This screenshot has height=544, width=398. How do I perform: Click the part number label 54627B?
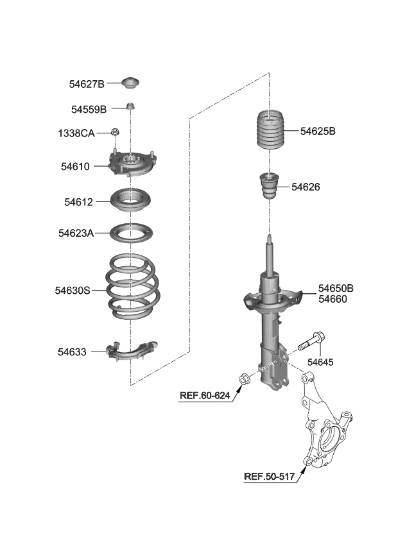pyautogui.click(x=86, y=84)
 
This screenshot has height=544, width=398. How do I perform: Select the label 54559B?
pyautogui.click(x=89, y=109)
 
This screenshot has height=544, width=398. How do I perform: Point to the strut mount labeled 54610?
pyautogui.click(x=132, y=165)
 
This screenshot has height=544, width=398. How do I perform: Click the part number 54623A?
pyautogui.click(x=76, y=234)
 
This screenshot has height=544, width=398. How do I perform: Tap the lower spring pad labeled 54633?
pyautogui.click(x=132, y=350)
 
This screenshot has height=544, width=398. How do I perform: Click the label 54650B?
pyautogui.click(x=336, y=288)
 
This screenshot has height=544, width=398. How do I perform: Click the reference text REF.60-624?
pyautogui.click(x=204, y=396)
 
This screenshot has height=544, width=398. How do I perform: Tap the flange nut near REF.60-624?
pyautogui.click(x=244, y=379)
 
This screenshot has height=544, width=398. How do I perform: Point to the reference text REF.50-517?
pyautogui.click(x=269, y=477)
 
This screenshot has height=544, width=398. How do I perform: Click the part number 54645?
pyautogui.click(x=320, y=362)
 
